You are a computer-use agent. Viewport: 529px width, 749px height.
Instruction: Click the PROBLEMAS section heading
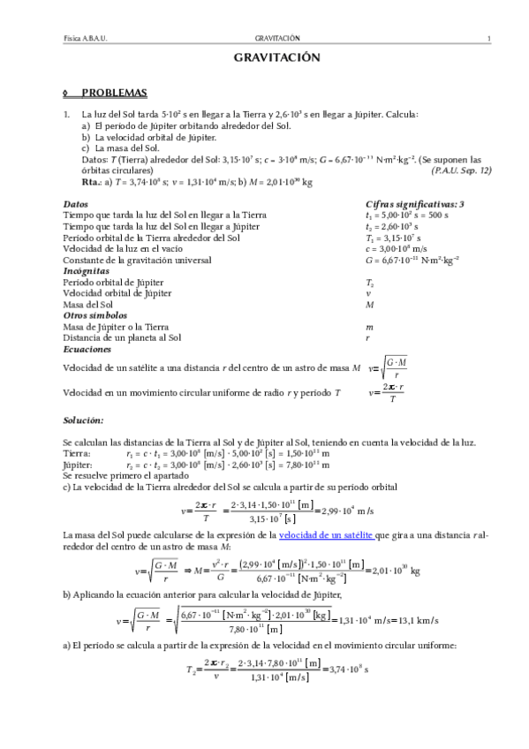pyautogui.click(x=114, y=93)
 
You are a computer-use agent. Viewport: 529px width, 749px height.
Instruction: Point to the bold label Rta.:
pyautogui.click(x=92, y=181)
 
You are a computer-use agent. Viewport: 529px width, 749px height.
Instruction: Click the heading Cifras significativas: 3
pyautogui.click(x=414, y=204)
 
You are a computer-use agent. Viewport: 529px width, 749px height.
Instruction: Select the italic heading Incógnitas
pyautogui.click(x=87, y=271)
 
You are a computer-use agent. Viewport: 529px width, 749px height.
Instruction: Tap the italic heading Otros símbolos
pyautogui.click(x=95, y=314)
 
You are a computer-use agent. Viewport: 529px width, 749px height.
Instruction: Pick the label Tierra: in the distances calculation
pyautogui.click(x=77, y=452)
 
